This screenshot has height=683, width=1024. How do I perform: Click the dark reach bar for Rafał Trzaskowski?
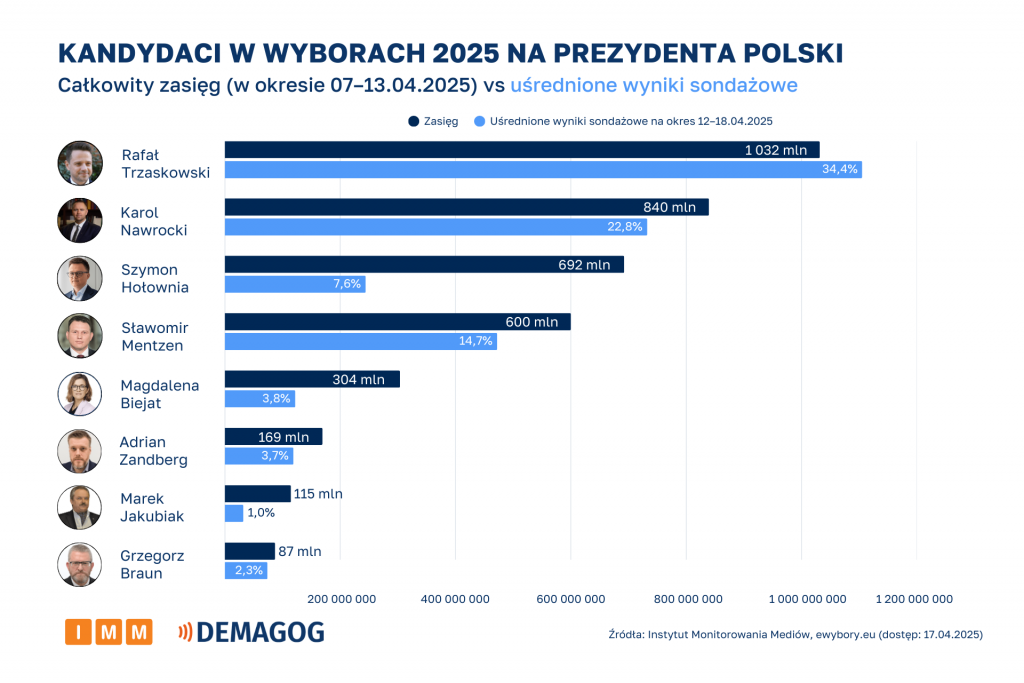pos(521,150)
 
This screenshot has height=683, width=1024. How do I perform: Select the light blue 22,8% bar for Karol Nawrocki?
pos(435,227)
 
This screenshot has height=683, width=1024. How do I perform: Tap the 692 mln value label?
pos(585,265)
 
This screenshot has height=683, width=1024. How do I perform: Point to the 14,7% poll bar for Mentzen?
pos(360,342)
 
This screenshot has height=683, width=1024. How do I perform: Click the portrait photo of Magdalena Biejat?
pos(80,394)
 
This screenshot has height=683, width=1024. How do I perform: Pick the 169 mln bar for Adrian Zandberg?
pos(273,436)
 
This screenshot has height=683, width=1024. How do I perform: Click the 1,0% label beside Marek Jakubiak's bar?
pos(260,513)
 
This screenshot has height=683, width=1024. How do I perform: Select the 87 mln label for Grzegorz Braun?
pos(301,551)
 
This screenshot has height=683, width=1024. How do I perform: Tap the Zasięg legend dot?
pos(413,121)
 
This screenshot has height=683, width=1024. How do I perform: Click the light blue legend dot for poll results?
pos(480,121)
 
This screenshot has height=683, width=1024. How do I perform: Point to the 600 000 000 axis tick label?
pos(570,599)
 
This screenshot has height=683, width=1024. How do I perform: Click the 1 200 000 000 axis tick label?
pos(914,599)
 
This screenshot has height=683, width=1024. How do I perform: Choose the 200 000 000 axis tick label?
pos(341,599)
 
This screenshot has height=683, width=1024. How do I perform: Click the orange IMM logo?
pos(108,632)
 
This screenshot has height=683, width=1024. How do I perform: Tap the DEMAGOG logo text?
pos(260,632)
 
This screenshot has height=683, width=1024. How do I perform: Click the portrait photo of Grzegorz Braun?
pos(80,565)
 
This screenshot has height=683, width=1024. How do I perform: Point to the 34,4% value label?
pos(840,170)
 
